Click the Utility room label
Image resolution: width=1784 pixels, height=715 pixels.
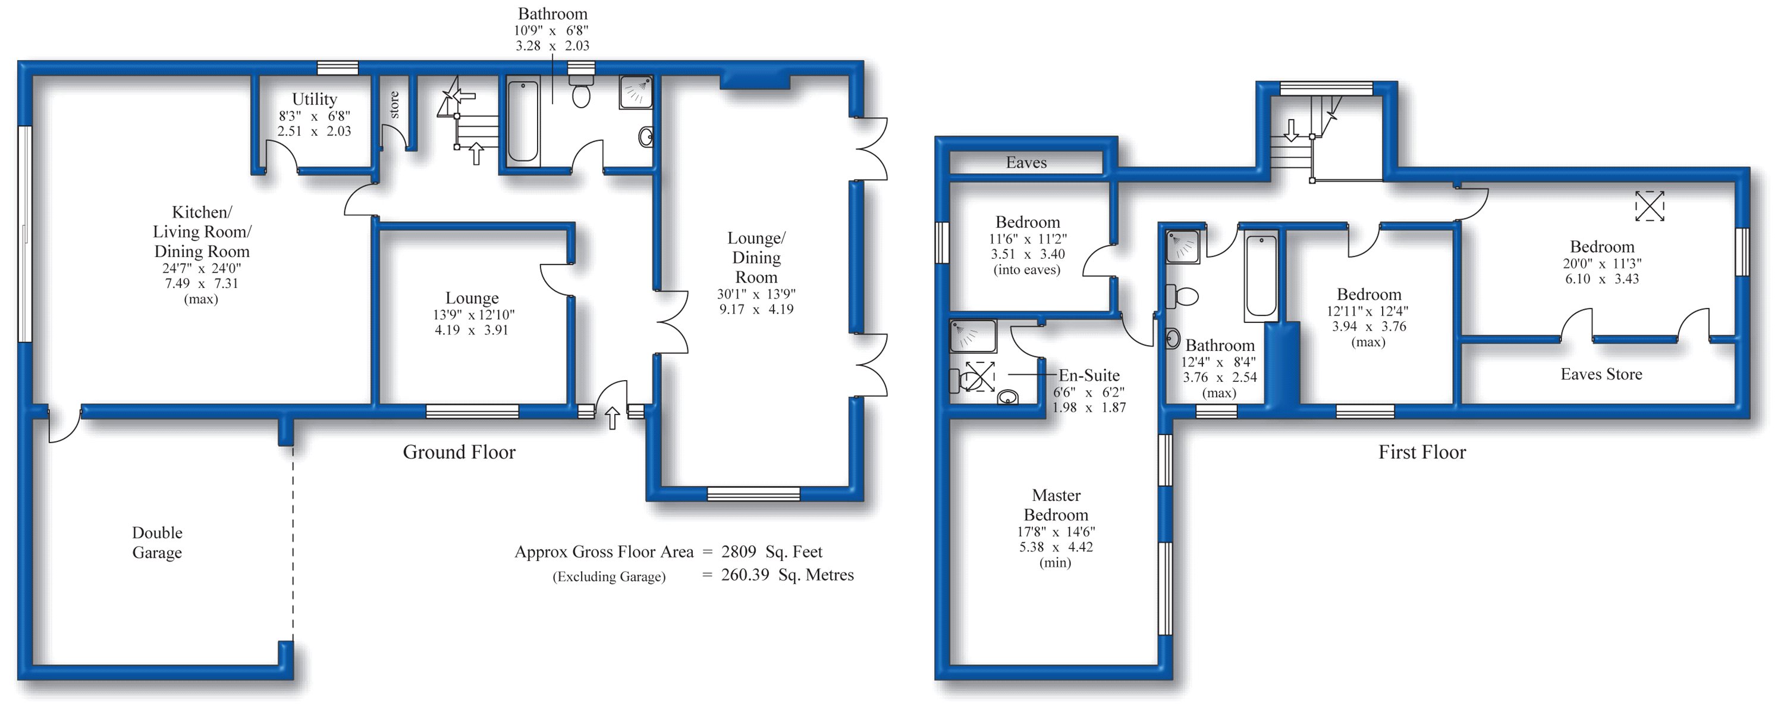coord(315,99)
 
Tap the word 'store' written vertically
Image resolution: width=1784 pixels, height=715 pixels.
coord(394,105)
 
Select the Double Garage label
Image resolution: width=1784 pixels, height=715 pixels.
coord(157,542)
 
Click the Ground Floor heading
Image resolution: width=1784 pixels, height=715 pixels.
coord(459,453)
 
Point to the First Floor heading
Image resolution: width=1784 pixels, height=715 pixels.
coord(1422,453)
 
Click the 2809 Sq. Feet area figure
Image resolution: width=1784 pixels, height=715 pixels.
coord(771,552)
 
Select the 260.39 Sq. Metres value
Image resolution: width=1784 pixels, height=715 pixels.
coord(787,575)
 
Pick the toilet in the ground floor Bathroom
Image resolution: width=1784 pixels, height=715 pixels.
coord(581,91)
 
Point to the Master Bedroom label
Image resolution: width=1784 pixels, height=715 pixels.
coord(1056,505)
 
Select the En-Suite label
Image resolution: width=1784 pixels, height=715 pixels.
coord(1089,375)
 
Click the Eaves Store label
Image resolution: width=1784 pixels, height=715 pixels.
coord(1601,374)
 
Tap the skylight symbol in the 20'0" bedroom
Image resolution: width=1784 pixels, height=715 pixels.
coord(1650,206)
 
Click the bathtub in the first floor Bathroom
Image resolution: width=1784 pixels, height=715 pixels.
coord(1261,277)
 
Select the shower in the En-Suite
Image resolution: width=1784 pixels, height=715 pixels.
coord(973,336)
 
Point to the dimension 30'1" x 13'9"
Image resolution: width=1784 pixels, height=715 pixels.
coord(756,294)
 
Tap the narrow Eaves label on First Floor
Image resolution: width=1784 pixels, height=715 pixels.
coord(1026,163)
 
